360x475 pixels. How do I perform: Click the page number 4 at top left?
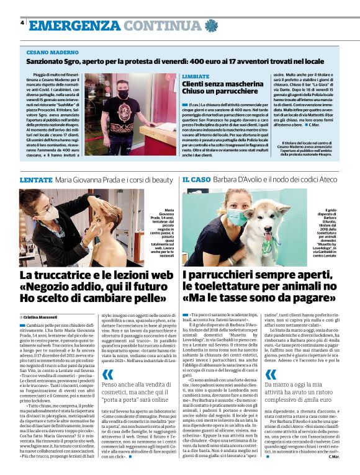(22, 22)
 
